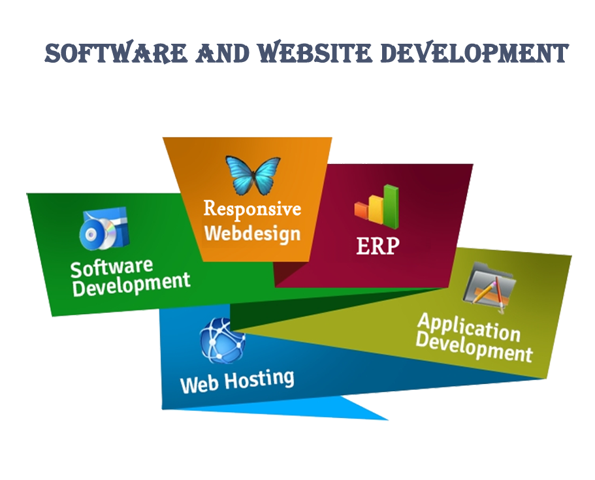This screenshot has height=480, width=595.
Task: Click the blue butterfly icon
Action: (253, 175)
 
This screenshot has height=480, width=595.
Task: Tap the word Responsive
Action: (252, 209)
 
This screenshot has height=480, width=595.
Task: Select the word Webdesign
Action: (252, 233)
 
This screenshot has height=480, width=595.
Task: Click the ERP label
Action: (378, 246)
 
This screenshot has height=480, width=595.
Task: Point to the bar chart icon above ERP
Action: (377, 204)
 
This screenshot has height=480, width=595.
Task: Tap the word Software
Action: (112, 266)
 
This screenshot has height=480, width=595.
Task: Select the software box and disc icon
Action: (105, 229)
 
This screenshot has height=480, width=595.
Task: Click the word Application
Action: (468, 327)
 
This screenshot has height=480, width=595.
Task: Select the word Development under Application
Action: (474, 348)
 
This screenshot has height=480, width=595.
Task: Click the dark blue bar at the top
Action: (306, 52)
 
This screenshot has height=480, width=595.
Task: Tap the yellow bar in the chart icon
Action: (377, 208)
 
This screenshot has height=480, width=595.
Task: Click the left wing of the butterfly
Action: (240, 172)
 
